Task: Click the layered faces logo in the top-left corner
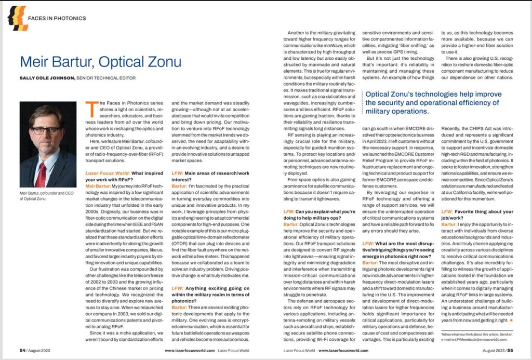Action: [x=18, y=18]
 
